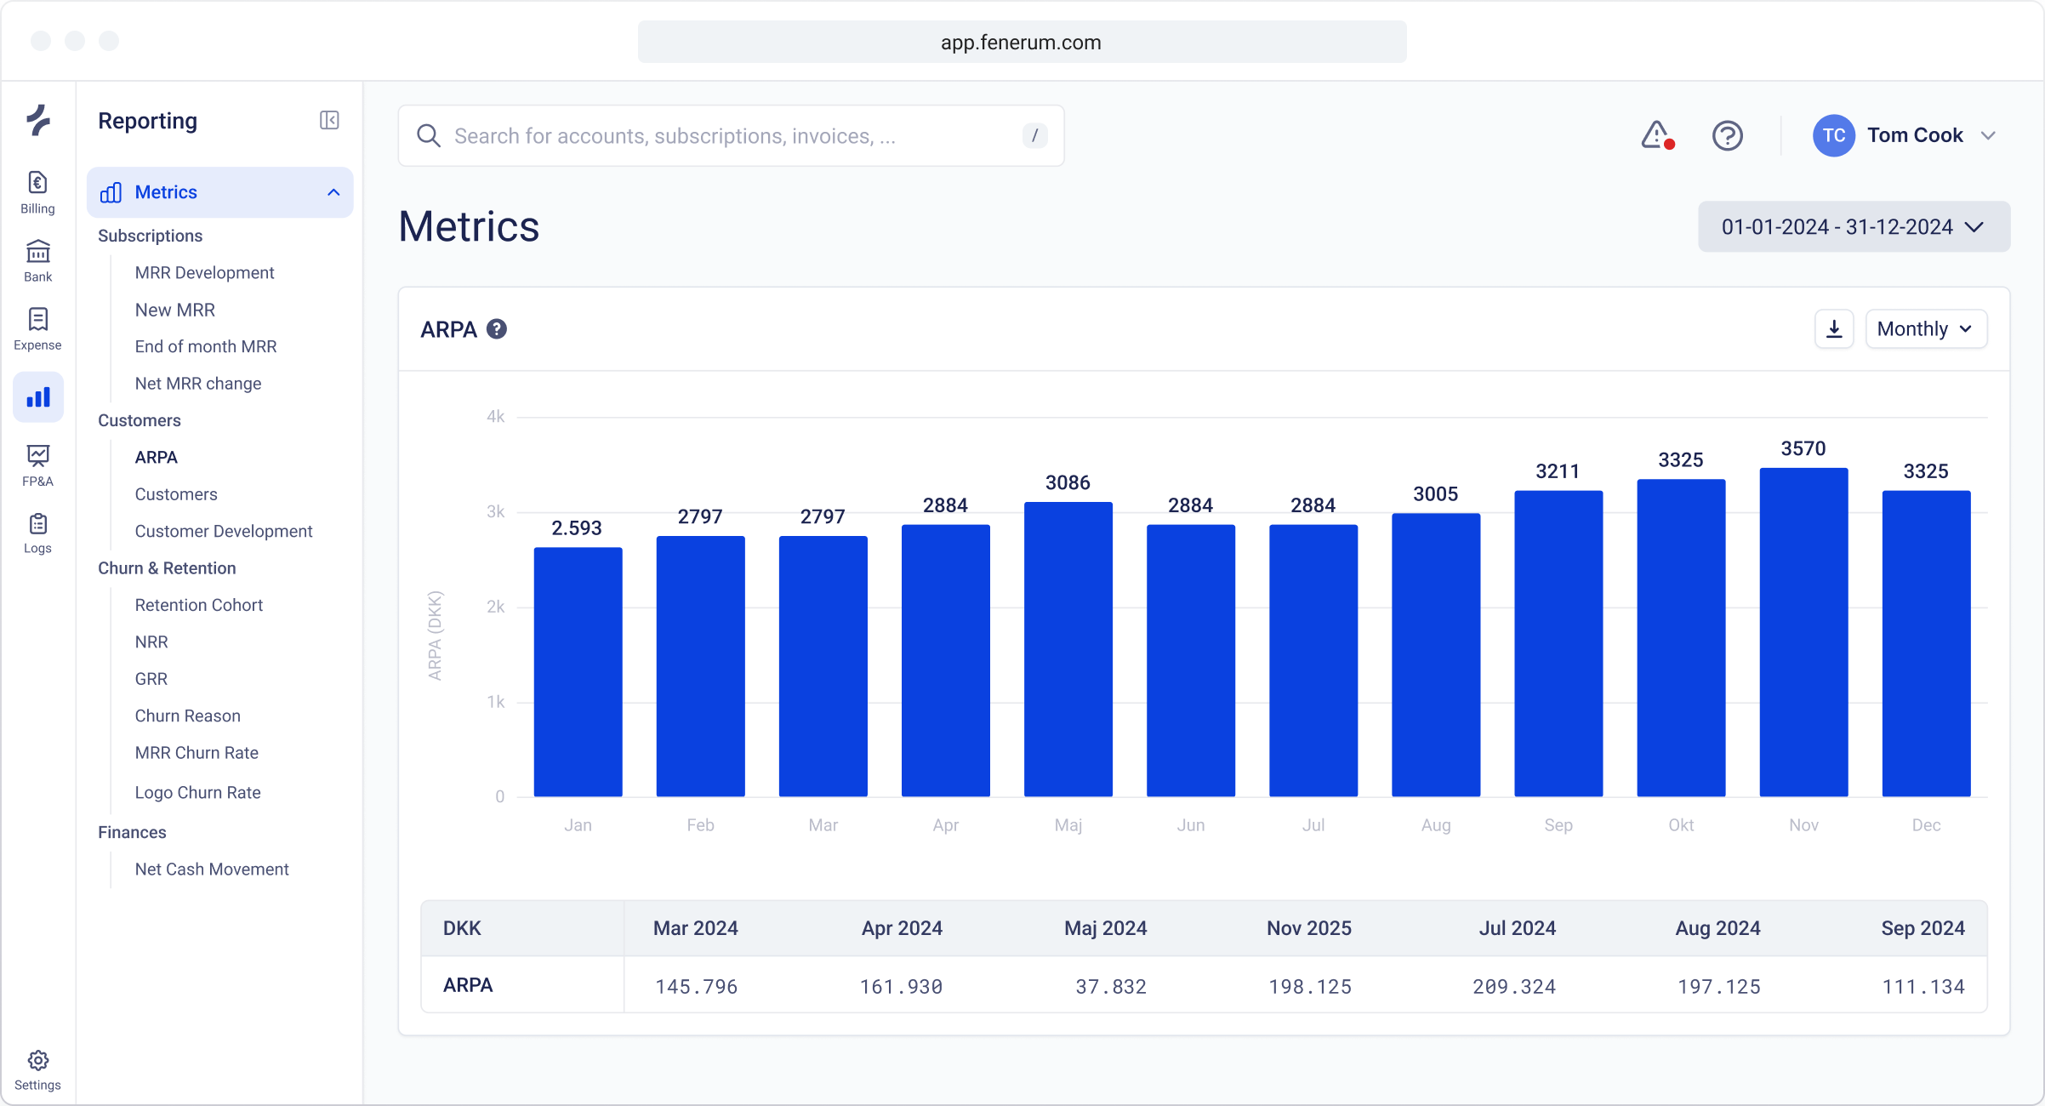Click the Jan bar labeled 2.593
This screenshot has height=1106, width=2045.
(578, 672)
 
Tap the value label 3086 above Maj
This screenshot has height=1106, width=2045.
(1068, 482)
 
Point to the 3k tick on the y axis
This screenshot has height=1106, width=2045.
(495, 512)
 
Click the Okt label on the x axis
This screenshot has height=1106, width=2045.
(1681, 824)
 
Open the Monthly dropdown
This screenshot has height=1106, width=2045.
(1925, 329)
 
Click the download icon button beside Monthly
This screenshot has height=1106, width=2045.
(1834, 329)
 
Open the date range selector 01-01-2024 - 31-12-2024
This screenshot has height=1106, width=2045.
(1854, 227)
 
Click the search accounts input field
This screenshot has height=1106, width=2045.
(732, 136)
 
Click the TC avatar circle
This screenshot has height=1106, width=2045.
(1833, 135)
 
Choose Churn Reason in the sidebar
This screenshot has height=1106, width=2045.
(187, 715)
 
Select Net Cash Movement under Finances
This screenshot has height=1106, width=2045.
(212, 869)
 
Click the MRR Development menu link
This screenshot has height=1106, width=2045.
(204, 272)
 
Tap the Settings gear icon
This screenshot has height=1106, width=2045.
(37, 1061)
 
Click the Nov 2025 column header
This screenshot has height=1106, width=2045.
(1308, 928)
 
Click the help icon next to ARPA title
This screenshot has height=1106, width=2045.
(497, 329)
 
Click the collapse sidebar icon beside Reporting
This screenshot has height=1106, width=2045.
(329, 121)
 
